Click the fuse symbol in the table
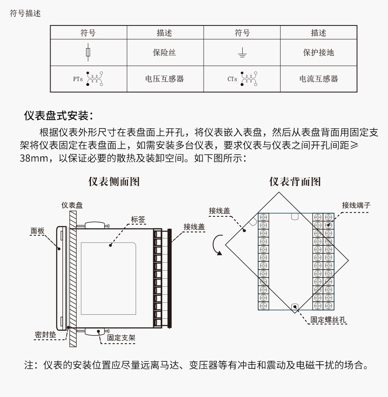click(88, 52)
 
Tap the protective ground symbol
click(242, 53)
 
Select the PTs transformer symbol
click(93, 79)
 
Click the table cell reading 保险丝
click(164, 53)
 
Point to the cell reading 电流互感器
click(318, 79)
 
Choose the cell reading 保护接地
click(318, 53)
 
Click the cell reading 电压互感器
click(164, 79)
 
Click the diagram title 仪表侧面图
click(114, 181)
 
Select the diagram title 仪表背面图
click(295, 181)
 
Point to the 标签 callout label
click(138, 220)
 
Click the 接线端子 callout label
click(356, 205)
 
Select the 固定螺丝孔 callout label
click(328, 320)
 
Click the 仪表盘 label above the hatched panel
click(72, 205)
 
